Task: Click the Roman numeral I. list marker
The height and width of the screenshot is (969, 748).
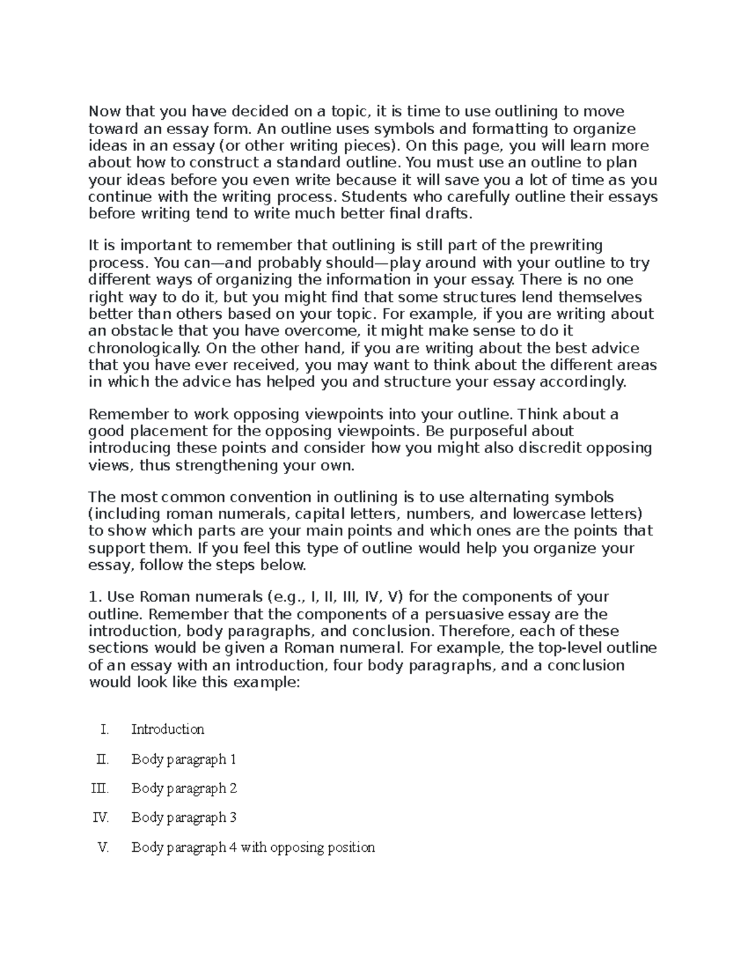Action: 104,729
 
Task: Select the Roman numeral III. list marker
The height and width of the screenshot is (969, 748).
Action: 100,788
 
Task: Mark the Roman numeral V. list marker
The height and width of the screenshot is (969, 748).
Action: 103,847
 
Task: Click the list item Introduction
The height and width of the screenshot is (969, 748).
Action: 168,729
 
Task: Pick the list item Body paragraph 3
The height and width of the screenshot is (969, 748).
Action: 184,817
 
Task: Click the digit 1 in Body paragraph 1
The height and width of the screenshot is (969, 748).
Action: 233,759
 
